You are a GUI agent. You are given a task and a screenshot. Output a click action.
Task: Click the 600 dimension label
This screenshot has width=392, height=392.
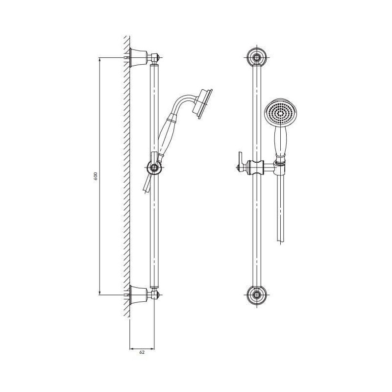[96, 176]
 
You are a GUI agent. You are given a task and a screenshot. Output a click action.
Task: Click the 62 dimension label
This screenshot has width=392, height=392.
[142, 352]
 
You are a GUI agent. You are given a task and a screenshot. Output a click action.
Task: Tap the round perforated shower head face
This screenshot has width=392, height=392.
[281, 112]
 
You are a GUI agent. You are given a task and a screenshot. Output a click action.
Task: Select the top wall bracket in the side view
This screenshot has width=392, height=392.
[138, 58]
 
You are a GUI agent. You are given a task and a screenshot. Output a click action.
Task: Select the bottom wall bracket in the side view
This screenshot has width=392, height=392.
[138, 295]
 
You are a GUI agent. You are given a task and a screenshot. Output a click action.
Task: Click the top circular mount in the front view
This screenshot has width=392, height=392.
[256, 57]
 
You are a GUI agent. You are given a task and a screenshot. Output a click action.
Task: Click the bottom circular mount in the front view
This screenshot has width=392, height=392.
[256, 295]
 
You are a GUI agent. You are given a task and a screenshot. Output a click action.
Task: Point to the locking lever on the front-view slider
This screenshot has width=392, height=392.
[241, 162]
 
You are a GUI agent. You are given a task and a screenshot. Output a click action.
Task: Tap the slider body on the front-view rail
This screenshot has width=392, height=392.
[256, 167]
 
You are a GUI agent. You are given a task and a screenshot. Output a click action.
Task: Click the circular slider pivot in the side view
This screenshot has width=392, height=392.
[154, 167]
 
